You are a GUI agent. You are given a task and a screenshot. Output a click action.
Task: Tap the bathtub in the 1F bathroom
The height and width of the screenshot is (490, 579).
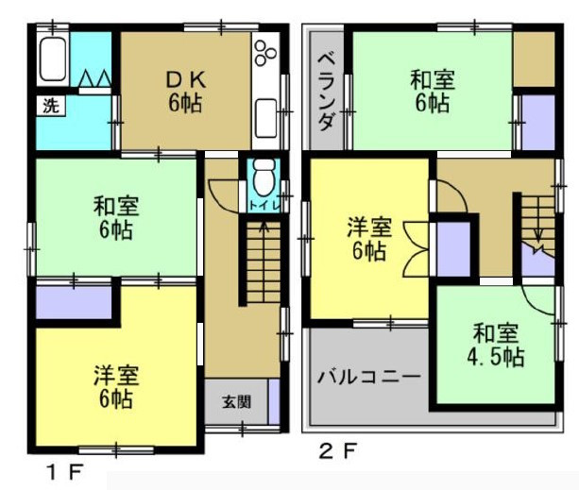pos(53,61)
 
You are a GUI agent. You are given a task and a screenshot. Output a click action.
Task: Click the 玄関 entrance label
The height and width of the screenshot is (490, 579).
pos(236,401)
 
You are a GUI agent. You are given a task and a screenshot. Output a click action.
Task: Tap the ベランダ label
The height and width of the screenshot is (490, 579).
pos(326,91)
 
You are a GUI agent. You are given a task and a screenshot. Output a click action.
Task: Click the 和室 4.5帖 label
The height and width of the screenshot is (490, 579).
pos(497,345)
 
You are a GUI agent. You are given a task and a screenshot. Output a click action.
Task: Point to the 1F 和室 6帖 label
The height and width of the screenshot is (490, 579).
pos(113,216)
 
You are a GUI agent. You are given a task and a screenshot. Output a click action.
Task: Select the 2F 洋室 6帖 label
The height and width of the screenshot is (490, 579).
pos(366,239)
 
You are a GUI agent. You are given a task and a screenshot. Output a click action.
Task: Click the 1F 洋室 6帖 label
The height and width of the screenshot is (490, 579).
pos(115,386)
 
